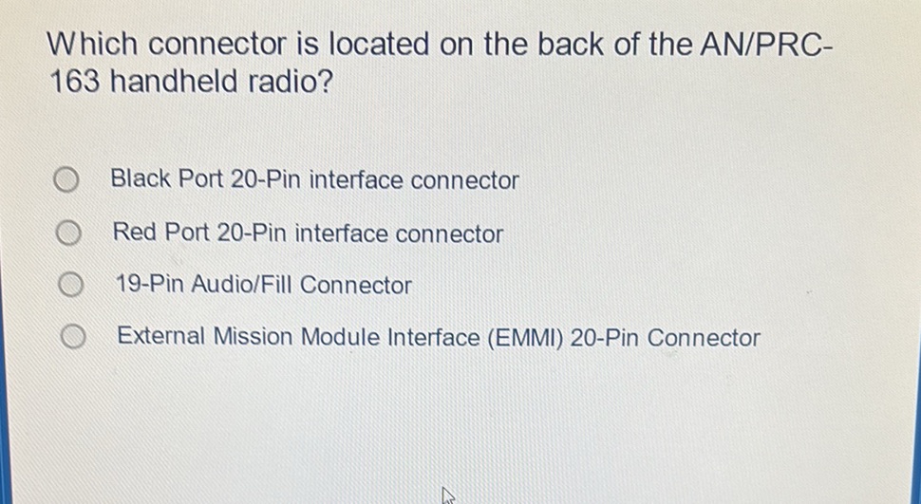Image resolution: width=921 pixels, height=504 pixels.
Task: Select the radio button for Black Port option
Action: [65, 179]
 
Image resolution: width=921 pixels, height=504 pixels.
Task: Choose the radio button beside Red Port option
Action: [66, 233]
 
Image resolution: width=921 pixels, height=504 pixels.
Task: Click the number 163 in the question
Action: [75, 84]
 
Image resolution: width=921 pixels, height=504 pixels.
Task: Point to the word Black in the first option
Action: [140, 179]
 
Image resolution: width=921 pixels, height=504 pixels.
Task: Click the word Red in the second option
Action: [135, 233]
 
